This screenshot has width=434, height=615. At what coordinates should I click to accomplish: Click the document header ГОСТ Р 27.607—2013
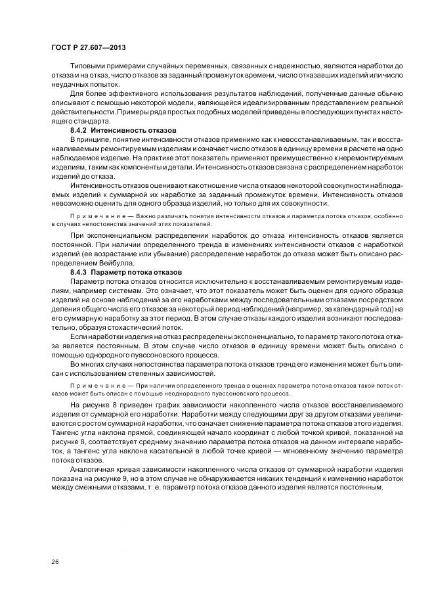tap(89, 48)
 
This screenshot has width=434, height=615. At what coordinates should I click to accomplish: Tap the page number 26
tap(54, 560)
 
